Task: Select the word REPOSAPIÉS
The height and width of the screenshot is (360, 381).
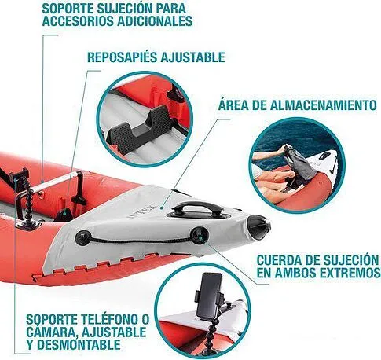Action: coord(123,57)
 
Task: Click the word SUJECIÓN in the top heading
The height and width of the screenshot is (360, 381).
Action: coord(137,7)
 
